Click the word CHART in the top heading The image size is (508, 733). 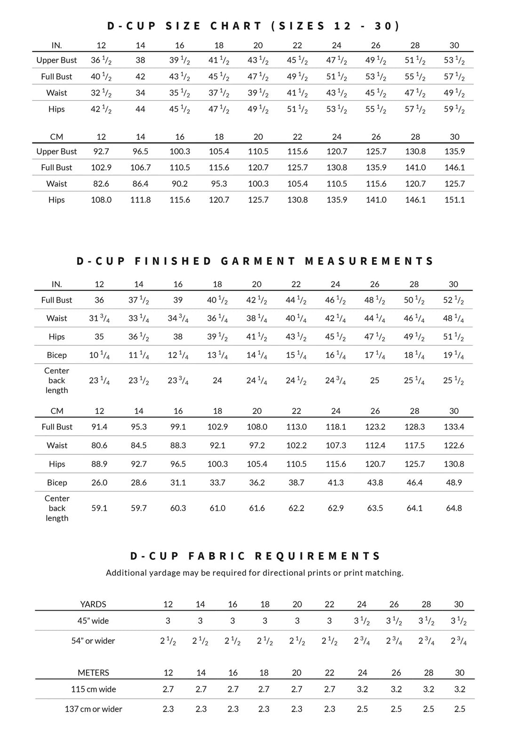pyautogui.click(x=236, y=26)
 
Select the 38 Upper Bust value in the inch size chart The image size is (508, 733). pyautogui.click(x=140, y=60)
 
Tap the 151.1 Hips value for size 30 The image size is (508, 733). pyautogui.click(x=454, y=199)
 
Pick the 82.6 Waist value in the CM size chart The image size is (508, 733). pyautogui.click(x=101, y=183)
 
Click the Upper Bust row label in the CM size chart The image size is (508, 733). pyautogui.click(x=56, y=151)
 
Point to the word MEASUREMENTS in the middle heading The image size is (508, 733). pyautogui.click(x=369, y=261)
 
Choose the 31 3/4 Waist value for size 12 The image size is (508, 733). pyautogui.click(x=99, y=319)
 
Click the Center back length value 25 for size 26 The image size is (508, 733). pyautogui.click(x=374, y=380)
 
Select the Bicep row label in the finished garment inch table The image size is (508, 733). pyautogui.click(x=56, y=355)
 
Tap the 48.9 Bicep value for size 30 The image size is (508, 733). pyautogui.click(x=454, y=482)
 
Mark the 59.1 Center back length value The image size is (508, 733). pyautogui.click(x=99, y=508)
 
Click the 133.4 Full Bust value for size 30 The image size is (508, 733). pyautogui.click(x=454, y=427)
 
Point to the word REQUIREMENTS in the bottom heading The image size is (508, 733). pyautogui.click(x=317, y=556)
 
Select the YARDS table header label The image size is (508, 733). pyautogui.click(x=93, y=604)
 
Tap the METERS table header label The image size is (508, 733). pyautogui.click(x=93, y=672)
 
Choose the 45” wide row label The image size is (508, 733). pyautogui.click(x=93, y=621)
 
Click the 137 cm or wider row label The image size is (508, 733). pyautogui.click(x=93, y=709)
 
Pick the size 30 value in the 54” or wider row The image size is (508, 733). pyautogui.click(x=459, y=641)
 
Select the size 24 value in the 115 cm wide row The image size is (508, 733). pyautogui.click(x=362, y=689)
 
